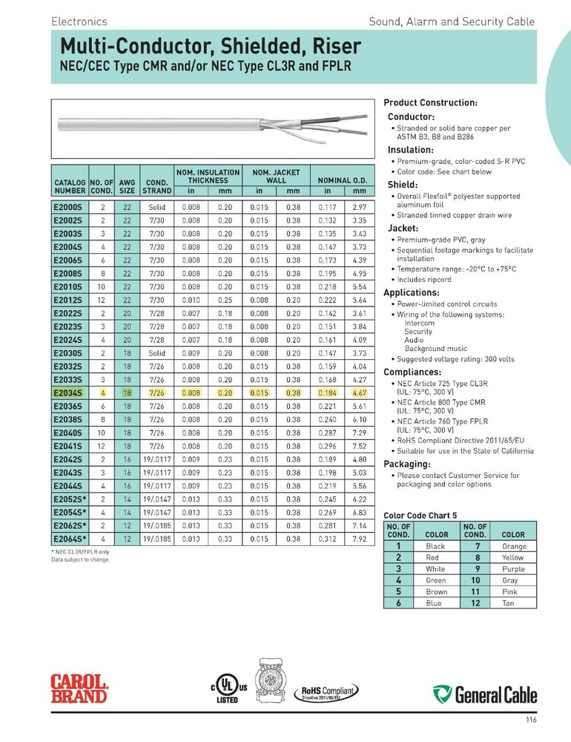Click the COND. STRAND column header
[x=156, y=185]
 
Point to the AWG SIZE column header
[x=127, y=185]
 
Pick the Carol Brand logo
[x=79, y=688]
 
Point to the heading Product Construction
[x=430, y=102]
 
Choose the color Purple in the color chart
[x=513, y=569]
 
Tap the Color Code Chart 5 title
[x=420, y=515]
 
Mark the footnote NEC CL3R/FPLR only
[x=80, y=552]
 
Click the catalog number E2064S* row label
[x=69, y=539]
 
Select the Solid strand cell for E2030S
[x=156, y=352]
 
